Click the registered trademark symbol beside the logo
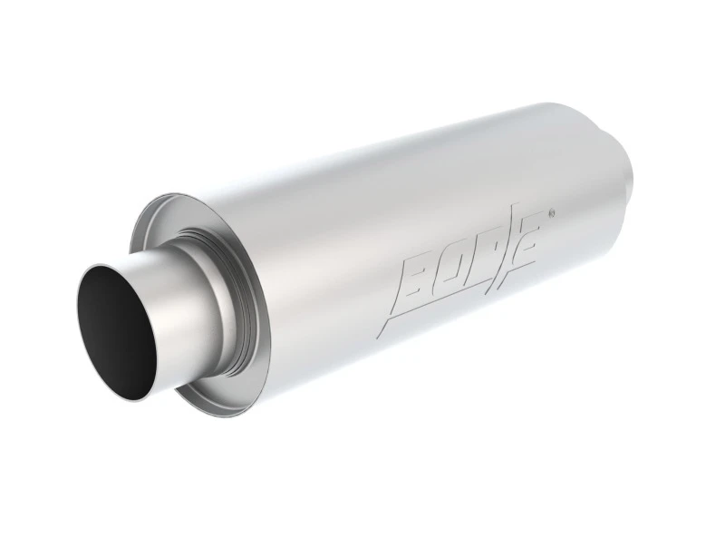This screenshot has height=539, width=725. point(551,214)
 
